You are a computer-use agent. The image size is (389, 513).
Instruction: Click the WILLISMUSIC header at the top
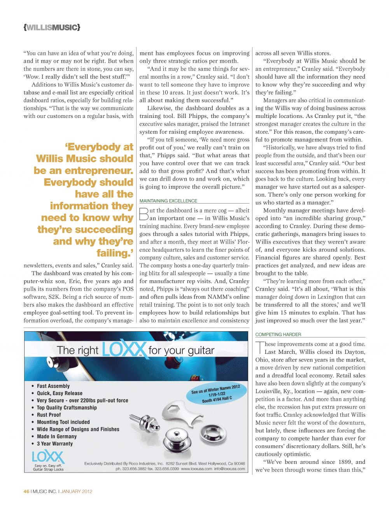click(x=52, y=27)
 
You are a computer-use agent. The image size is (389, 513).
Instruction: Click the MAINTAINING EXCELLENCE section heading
click(x=168, y=201)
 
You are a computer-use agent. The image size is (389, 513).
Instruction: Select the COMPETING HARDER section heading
click(x=278, y=334)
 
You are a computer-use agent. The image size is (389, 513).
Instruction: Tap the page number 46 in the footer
click(x=26, y=491)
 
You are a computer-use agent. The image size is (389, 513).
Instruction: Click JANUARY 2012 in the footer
click(x=76, y=491)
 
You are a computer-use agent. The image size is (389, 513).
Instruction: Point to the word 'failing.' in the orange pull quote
click(x=115, y=253)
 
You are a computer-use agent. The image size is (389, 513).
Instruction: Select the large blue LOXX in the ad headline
click(x=124, y=350)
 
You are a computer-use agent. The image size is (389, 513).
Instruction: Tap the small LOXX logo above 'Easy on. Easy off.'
click(x=48, y=457)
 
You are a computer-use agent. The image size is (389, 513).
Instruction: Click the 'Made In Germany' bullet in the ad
click(x=57, y=436)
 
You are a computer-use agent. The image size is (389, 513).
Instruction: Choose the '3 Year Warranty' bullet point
click(x=55, y=444)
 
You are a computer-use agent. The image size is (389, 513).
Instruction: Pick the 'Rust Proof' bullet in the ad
click(x=49, y=415)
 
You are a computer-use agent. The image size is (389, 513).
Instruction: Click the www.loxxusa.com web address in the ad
click(x=196, y=469)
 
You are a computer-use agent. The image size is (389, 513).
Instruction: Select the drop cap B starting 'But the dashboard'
click(x=144, y=214)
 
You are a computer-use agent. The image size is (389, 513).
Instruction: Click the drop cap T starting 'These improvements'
click(x=259, y=347)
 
